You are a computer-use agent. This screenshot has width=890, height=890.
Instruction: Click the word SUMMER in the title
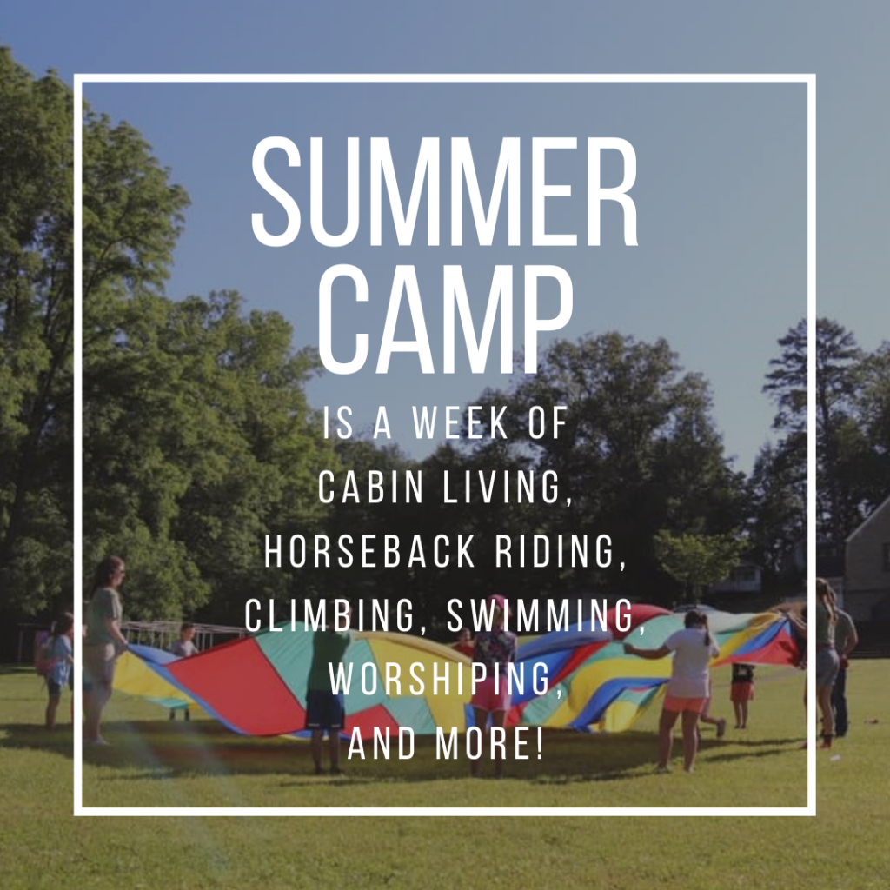pyautogui.click(x=445, y=191)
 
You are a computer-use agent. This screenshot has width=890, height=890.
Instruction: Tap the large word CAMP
pyautogui.click(x=445, y=320)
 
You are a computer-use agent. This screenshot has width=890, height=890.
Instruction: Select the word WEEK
pyautogui.click(x=460, y=422)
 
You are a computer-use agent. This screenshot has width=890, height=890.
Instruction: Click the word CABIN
pyautogui.click(x=370, y=487)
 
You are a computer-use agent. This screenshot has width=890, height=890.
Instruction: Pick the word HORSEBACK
pyautogui.click(x=369, y=550)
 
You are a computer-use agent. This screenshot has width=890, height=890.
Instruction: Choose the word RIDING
pyautogui.click(x=560, y=552)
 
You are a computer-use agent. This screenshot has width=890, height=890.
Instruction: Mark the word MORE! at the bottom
pyautogui.click(x=489, y=744)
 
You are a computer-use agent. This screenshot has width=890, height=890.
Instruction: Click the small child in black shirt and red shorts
pyautogui.click(x=742, y=694)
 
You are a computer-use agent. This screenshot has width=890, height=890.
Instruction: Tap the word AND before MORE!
pyautogui.click(x=382, y=744)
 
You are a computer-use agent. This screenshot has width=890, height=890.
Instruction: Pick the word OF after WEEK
pyautogui.click(x=548, y=422)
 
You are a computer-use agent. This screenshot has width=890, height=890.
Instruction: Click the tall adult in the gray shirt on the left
pyautogui.click(x=105, y=647)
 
